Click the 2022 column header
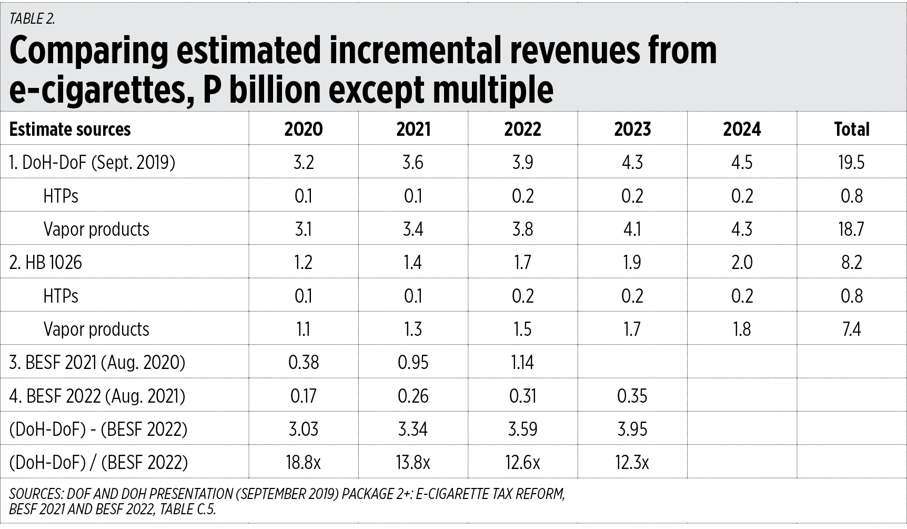[x=522, y=129]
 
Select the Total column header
[x=851, y=129]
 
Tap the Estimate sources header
[x=70, y=129]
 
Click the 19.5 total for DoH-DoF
[x=851, y=163]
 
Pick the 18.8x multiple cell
[x=304, y=463]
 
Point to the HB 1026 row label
[x=46, y=262]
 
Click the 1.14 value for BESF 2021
[x=522, y=363]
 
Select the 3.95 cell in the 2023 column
[x=632, y=429]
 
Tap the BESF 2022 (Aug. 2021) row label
[x=97, y=396]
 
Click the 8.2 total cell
[x=851, y=262]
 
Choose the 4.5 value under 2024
[x=742, y=163]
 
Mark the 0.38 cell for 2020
[x=304, y=363]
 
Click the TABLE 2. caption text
[x=32, y=19]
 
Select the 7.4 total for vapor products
[x=851, y=330]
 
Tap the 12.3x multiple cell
[x=632, y=463]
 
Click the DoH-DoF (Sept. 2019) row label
[x=92, y=163]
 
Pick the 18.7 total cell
[x=851, y=229]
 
